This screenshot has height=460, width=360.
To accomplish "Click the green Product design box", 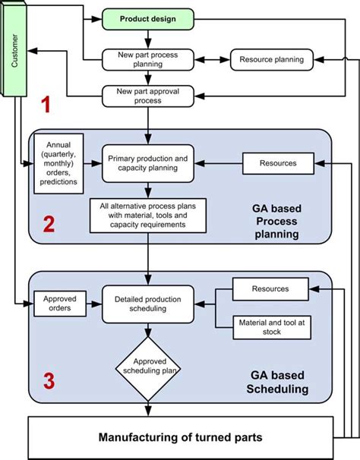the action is pyautogui.click(x=148, y=19).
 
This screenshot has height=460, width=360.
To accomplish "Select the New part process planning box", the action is pyautogui.click(x=148, y=59).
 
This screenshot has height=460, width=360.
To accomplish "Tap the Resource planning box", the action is pyautogui.click(x=272, y=59).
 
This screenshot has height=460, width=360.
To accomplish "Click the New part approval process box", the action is pyautogui.click(x=148, y=96).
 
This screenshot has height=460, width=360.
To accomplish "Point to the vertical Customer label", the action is pyautogui.click(x=14, y=50).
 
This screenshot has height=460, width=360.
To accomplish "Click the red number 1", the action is pyautogui.click(x=46, y=105).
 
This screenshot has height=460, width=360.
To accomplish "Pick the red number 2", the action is pyautogui.click(x=49, y=224).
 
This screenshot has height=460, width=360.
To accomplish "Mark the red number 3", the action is pyautogui.click(x=49, y=381).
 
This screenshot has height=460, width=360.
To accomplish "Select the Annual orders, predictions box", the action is pyautogui.click(x=58, y=164).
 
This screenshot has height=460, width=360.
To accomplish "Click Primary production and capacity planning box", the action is pyautogui.click(x=148, y=163).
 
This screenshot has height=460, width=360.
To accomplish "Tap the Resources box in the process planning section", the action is pyautogui.click(x=278, y=163).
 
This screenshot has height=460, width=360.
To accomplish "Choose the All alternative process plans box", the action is pyautogui.click(x=148, y=216).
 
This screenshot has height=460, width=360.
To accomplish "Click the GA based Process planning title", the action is pyautogui.click(x=276, y=222).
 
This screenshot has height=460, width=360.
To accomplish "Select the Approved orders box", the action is pyautogui.click(x=60, y=304).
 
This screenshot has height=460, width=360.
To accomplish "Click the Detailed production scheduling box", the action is pyautogui.click(x=148, y=304).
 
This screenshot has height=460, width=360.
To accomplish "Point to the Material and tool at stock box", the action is pyautogui.click(x=272, y=327).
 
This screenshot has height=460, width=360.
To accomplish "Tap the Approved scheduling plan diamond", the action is pyautogui.click(x=148, y=369).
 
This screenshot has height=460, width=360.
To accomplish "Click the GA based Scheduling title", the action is pyautogui.click(x=277, y=382).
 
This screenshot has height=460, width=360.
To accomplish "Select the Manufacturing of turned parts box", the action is pyautogui.click(x=181, y=438).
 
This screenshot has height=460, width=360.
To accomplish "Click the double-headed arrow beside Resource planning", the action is pyautogui.click(x=213, y=60).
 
